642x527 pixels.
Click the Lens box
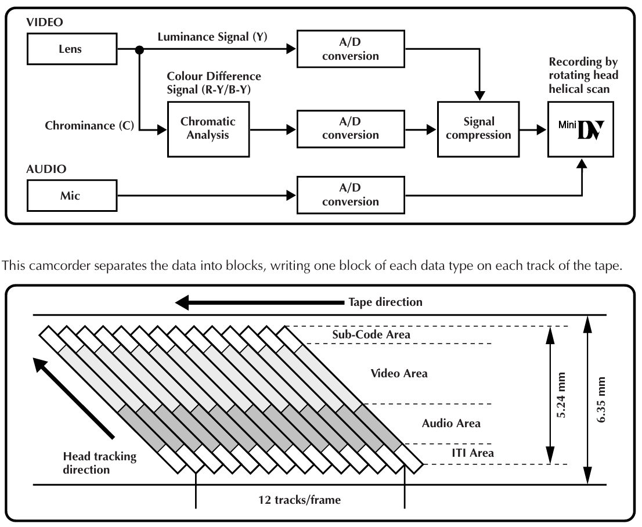72,49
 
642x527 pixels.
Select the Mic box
72,196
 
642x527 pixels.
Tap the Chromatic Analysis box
208,129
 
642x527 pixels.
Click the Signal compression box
478,129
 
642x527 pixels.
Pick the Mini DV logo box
580,129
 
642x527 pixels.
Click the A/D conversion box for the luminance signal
351,49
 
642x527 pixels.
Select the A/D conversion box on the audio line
351,195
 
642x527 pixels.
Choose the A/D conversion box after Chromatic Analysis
351,129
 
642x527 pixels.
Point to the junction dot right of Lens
140,50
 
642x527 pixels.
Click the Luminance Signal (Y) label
212,37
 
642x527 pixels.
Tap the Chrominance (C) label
89,126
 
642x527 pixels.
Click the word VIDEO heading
45,22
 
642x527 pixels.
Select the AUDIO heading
46,169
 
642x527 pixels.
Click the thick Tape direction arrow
259,302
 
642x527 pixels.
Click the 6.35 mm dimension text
601,400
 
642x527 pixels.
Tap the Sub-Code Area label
371,334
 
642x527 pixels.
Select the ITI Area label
473,453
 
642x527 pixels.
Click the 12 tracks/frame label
300,500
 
